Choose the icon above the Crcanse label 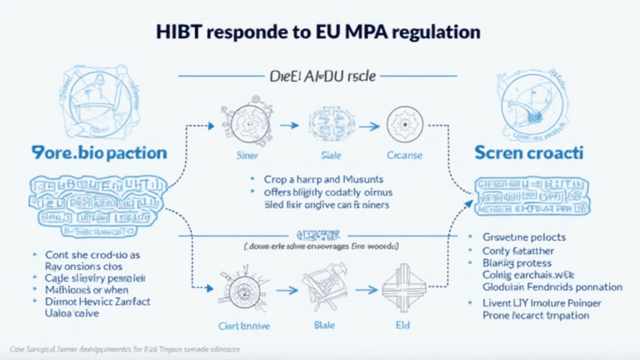pos(404,124)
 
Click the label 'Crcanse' pos(404,156)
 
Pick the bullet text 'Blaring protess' pos(519,262)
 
